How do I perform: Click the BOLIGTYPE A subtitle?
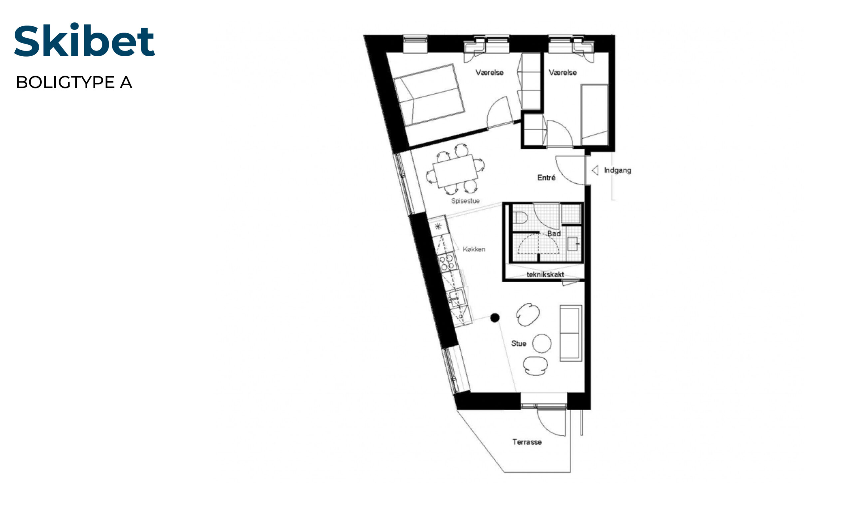click(74, 82)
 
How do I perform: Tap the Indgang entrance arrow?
click(595, 170)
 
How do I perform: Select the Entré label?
click(546, 177)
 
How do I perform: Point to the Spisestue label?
click(465, 201)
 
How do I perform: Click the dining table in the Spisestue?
click(455, 171)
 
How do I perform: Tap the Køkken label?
click(474, 249)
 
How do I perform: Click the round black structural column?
click(495, 317)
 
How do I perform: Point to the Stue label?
click(519, 343)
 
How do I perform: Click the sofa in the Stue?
click(571, 333)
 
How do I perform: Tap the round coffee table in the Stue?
click(542, 343)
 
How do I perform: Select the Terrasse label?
click(527, 442)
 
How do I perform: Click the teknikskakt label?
click(545, 274)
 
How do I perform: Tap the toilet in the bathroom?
click(520, 218)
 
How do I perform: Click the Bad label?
click(554, 234)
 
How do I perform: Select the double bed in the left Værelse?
click(429, 94)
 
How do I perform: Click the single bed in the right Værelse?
click(594, 115)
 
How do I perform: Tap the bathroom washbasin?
click(573, 244)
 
